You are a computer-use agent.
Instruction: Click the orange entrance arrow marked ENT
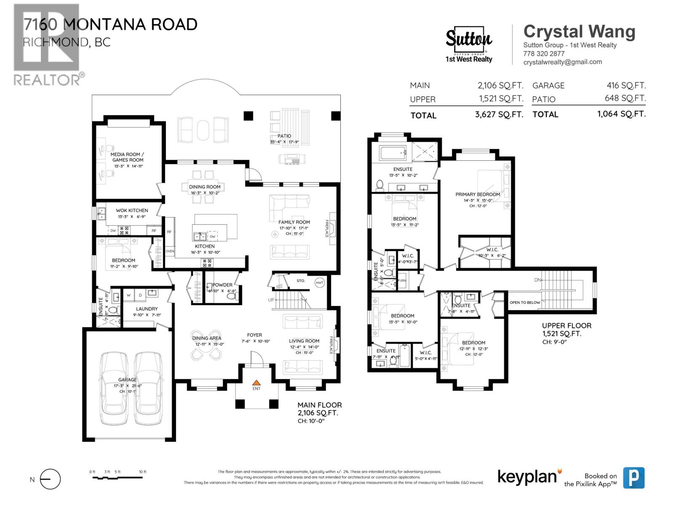[x=256, y=383]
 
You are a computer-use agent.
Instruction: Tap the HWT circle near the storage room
[x=320, y=283]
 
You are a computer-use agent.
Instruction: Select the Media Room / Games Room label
[x=127, y=157]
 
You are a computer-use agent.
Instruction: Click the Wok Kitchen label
[x=132, y=210]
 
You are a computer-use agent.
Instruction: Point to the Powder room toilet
[x=231, y=296]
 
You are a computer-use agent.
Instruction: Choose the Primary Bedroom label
[x=478, y=194]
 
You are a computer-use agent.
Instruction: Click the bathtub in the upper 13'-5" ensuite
[x=393, y=153]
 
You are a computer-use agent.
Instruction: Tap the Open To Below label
[x=524, y=303]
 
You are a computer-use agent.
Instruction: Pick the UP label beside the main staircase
[x=271, y=300]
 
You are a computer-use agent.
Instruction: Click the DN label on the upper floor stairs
[x=537, y=280]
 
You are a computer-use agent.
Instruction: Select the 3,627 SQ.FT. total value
[x=499, y=114]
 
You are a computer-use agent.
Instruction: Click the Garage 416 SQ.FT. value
[x=626, y=85]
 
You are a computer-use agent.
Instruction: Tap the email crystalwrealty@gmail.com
[x=562, y=62]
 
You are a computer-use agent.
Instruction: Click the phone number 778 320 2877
[x=543, y=53]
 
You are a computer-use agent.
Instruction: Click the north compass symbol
[x=50, y=479]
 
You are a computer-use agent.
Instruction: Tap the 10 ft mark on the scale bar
[x=142, y=472]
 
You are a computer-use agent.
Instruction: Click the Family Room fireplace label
[x=326, y=229]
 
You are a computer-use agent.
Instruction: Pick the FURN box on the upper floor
[x=402, y=281]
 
